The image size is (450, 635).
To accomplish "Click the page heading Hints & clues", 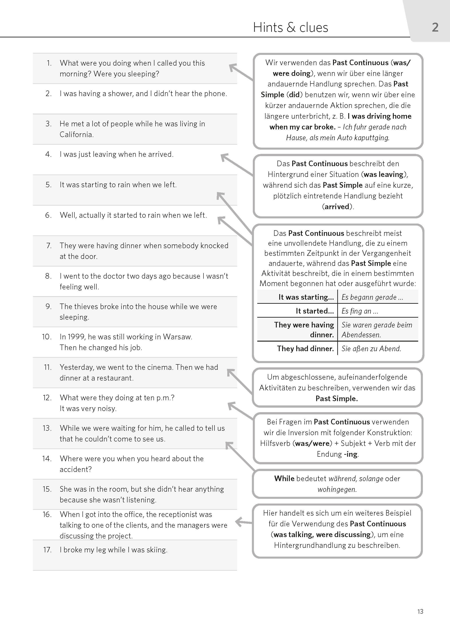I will tap(290, 27).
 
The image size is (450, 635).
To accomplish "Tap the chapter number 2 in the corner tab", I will tap(435, 27).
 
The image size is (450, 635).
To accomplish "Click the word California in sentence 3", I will tap(76, 135).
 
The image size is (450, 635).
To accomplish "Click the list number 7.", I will tap(49, 246).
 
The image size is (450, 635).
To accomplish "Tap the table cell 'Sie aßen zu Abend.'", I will tap(371, 349).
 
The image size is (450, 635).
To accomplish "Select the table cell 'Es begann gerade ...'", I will tap(372, 297).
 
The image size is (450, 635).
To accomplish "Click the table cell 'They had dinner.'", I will tap(305, 349).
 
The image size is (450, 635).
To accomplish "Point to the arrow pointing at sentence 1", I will tap(240, 72).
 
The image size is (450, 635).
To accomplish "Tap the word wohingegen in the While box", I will tap(337, 489).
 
